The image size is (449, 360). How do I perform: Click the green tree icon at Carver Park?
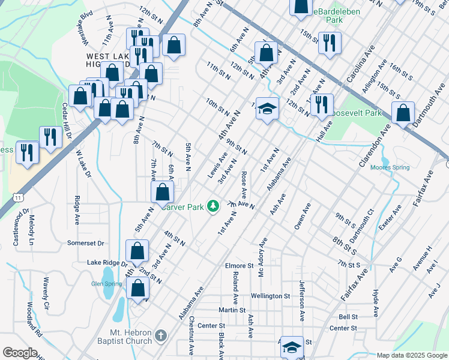(x=212, y=206)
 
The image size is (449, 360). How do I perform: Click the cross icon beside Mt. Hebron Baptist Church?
(x=160, y=335)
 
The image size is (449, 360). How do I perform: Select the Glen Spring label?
(x=102, y=284)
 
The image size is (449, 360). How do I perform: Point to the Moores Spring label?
(x=390, y=167)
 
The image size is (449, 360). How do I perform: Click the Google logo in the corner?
(x=19, y=353)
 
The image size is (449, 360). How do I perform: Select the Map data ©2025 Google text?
(x=412, y=355)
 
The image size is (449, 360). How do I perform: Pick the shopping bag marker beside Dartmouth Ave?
(x=403, y=112)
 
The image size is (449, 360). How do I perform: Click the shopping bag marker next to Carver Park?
(x=162, y=192)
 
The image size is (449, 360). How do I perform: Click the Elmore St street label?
(x=240, y=266)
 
